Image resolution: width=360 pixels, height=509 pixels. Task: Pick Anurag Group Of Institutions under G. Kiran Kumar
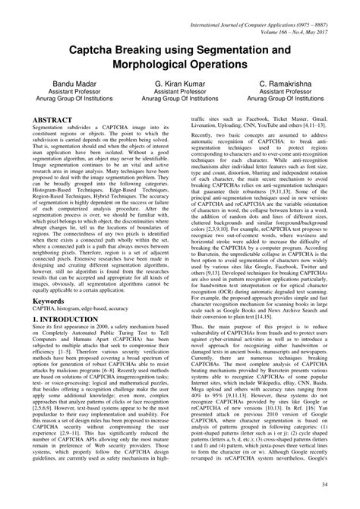180,108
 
